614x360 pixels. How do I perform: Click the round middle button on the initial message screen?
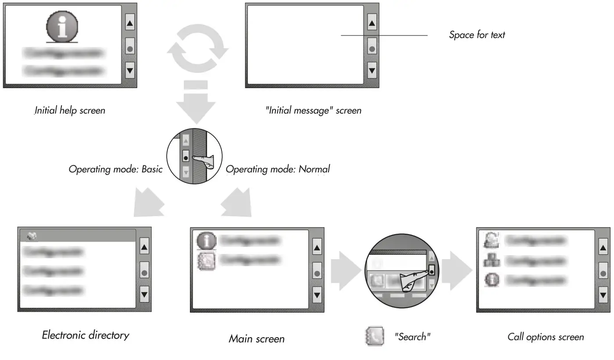[372, 46]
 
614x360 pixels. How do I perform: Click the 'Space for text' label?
[477, 35]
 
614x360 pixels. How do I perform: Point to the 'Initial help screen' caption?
[70, 110]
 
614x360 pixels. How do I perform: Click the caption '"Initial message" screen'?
[313, 110]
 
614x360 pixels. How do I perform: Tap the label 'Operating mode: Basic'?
[115, 169]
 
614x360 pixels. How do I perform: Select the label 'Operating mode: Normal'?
[277, 169]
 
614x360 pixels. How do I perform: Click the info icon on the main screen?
[206, 241]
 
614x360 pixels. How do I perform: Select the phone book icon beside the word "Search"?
[374, 336]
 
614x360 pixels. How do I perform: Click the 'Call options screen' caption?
[546, 337]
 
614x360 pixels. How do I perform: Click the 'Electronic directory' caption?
[86, 335]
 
